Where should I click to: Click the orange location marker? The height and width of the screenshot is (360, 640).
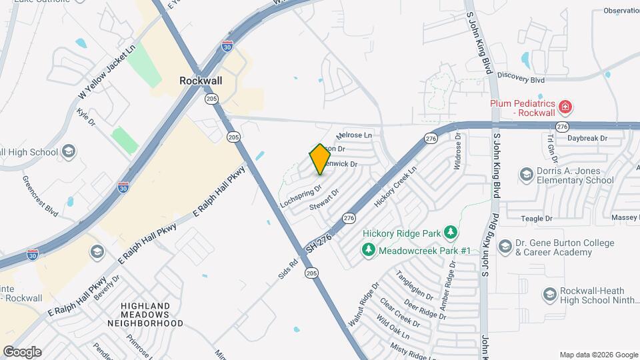pos(320,159)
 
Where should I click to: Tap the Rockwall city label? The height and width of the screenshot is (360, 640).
pos(200,80)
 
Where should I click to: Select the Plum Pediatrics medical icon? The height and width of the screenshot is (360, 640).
pos(565,107)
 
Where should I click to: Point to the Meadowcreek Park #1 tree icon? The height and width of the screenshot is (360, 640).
pos(367,249)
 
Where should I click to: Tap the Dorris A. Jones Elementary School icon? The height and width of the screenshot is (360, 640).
pos(527,175)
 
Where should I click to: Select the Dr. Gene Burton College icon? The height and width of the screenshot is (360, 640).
pos(505,247)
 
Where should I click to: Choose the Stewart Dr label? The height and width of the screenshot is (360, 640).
pos(325,200)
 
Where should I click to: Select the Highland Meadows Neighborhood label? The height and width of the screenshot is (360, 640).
pos(152,314)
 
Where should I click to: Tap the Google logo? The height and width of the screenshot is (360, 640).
pos(22,351)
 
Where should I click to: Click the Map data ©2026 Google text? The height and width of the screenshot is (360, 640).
pos(598,355)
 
